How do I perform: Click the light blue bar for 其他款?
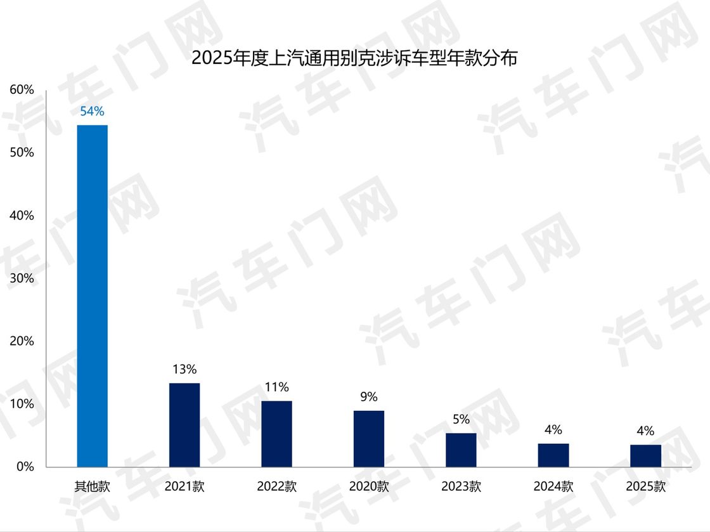(x=92, y=295)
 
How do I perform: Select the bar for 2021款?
(x=184, y=425)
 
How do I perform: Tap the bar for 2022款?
(x=276, y=434)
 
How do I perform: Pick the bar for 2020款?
(x=369, y=439)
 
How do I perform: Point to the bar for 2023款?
(x=461, y=450)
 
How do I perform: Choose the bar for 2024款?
(x=553, y=455)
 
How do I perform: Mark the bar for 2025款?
(x=645, y=456)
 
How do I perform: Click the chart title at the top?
(x=354, y=58)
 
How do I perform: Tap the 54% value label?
(x=92, y=112)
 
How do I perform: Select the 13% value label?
(x=184, y=369)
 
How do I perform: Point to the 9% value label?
(x=369, y=397)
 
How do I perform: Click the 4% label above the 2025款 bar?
(x=645, y=431)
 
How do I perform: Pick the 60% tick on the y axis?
(x=22, y=89)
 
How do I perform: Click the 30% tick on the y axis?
(x=22, y=278)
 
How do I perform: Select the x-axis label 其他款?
(x=92, y=487)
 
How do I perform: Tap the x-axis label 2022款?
(x=276, y=487)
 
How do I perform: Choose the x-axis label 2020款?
(x=369, y=487)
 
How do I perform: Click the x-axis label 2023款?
(x=461, y=487)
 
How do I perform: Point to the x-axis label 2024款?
(x=553, y=487)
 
